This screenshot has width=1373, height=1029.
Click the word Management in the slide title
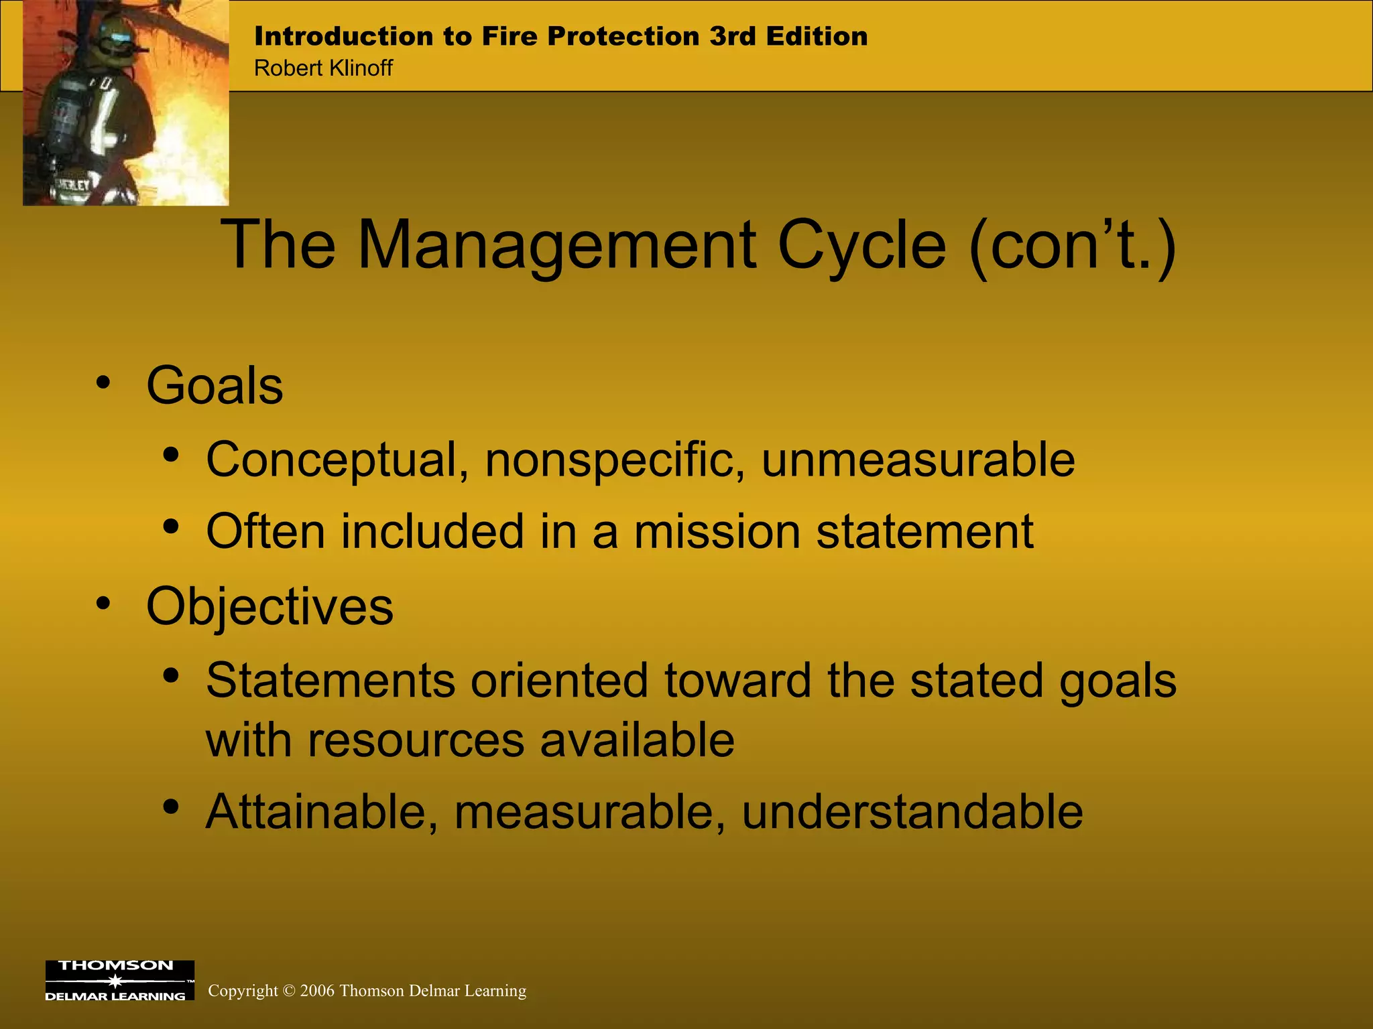556,246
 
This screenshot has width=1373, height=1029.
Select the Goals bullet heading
215,387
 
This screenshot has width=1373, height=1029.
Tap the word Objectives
270,606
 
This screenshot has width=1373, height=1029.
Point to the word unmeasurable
918,460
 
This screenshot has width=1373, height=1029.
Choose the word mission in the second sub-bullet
717,532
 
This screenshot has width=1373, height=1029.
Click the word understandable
912,812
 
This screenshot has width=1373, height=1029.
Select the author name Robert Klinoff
323,68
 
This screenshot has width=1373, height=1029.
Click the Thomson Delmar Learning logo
119,980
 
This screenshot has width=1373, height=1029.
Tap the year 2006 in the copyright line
317,991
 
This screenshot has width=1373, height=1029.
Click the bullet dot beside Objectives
103,603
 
